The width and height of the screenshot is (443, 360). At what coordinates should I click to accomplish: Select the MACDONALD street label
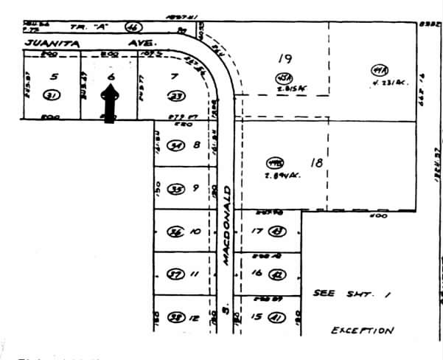(228, 221)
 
